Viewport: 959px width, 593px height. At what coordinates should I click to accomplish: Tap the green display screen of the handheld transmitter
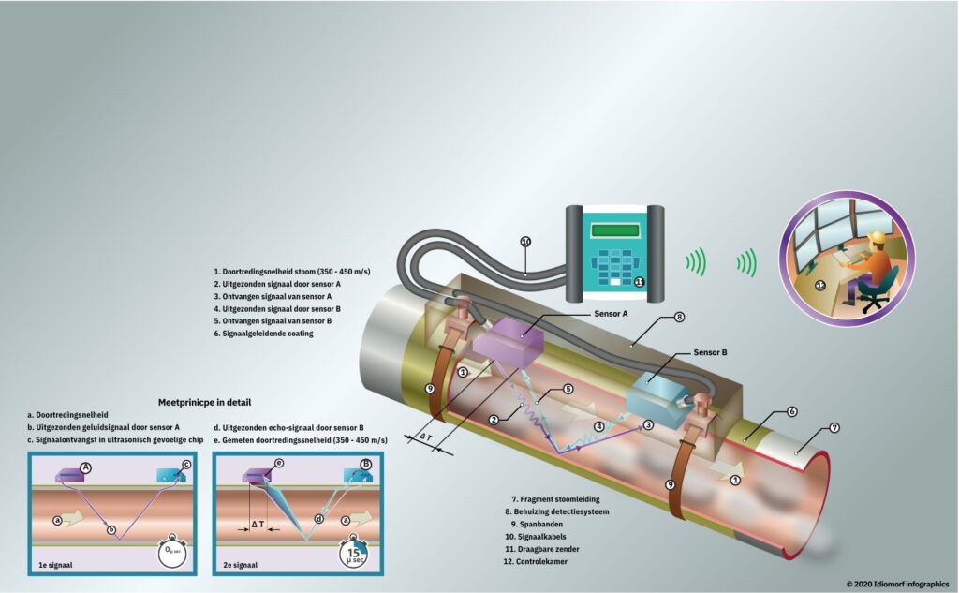tap(614, 230)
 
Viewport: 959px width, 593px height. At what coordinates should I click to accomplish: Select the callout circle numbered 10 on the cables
tap(526, 242)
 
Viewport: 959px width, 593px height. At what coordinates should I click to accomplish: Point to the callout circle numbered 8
tap(679, 317)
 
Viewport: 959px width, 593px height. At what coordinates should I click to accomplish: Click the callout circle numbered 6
tap(792, 412)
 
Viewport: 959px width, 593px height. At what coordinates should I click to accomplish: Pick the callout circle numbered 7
tap(834, 428)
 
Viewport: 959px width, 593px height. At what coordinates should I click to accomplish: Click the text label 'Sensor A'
tap(611, 313)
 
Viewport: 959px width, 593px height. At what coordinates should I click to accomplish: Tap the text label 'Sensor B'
tap(710, 352)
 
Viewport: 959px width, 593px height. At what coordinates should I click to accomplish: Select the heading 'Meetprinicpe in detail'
tap(204, 402)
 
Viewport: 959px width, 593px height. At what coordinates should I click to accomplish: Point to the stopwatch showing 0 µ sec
tap(172, 551)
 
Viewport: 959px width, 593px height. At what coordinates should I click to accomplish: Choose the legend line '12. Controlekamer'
tap(535, 561)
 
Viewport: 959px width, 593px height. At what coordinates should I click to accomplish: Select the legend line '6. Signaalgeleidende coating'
tap(263, 334)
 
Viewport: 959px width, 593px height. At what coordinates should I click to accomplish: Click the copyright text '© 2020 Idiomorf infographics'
tap(898, 584)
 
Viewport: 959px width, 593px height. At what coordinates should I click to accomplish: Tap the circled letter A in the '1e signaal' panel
tap(86, 467)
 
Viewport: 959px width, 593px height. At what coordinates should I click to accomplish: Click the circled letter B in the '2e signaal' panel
tap(366, 464)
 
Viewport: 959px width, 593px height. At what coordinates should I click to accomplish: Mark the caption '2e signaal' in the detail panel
tap(241, 565)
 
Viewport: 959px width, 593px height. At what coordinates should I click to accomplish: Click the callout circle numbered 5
tap(568, 389)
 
